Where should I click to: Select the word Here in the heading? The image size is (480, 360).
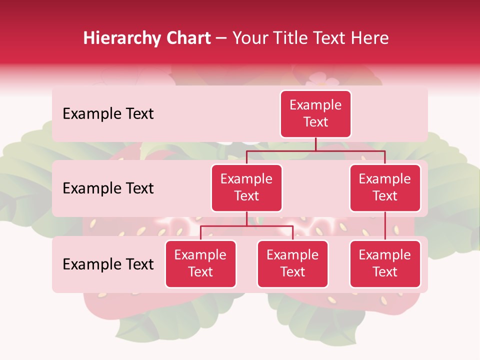[369, 38]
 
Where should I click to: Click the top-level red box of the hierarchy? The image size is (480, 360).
[315, 113]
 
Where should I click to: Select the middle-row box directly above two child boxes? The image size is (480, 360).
[246, 187]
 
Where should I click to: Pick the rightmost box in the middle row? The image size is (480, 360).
[385, 187]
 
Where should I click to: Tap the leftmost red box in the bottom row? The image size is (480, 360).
[200, 263]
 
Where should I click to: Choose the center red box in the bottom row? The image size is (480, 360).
[292, 263]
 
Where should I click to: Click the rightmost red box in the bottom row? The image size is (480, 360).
[385, 263]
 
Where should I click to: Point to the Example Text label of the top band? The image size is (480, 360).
[108, 113]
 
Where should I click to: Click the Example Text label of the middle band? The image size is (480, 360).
[108, 188]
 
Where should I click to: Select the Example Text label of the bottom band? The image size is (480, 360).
[108, 264]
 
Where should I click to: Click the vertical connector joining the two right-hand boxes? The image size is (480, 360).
[385, 226]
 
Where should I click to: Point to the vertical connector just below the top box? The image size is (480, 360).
[315, 144]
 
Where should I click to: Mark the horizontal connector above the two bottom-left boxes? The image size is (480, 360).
[246, 226]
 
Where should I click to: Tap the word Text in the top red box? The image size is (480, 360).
[315, 122]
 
